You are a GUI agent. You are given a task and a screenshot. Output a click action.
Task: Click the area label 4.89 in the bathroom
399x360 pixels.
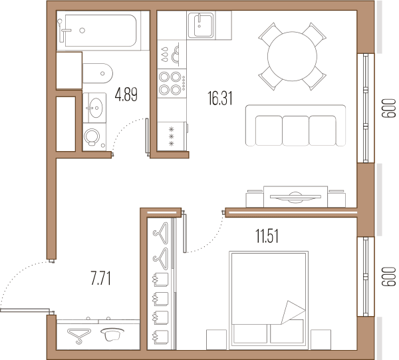click(x=126, y=94)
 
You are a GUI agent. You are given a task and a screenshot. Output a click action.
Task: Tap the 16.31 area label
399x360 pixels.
click(x=220, y=98)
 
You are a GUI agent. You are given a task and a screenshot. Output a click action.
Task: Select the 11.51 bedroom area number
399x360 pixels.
click(x=267, y=236)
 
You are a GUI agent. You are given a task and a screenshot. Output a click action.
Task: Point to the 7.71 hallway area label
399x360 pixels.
click(x=101, y=278)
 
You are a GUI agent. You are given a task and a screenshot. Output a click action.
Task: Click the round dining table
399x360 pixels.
click(x=293, y=57)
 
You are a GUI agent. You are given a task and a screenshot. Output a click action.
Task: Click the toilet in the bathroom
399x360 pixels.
click(x=98, y=73)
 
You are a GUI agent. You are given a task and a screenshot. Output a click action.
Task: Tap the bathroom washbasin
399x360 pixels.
click(x=94, y=108)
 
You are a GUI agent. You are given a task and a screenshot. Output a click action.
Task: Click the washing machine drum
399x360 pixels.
click(x=92, y=136)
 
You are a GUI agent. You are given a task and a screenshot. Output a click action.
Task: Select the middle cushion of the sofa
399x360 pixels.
click(x=296, y=130)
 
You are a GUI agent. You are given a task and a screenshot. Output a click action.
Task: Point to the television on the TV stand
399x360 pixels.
click(x=295, y=196)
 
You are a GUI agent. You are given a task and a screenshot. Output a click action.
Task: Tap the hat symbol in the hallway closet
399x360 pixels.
click(x=112, y=334)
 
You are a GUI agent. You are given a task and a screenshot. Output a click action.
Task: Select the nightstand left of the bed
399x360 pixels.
click(x=216, y=339)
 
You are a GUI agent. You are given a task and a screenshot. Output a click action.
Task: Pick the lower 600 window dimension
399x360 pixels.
click(x=389, y=277)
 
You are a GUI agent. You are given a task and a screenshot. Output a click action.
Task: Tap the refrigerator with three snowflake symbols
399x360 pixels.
click(x=172, y=136)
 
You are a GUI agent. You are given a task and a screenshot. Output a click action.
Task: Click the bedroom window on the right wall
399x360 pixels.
click(x=366, y=277)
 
